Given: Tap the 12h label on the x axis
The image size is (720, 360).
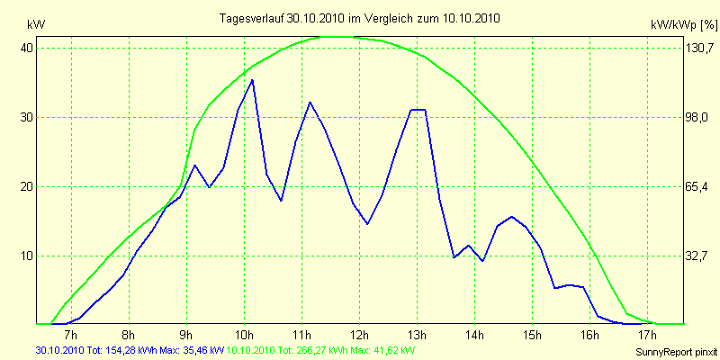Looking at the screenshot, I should [359, 336].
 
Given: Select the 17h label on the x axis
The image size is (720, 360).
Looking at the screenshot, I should [646, 336].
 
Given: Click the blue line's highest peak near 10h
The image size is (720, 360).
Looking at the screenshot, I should [252, 80].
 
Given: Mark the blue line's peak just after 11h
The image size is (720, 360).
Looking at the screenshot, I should [310, 103].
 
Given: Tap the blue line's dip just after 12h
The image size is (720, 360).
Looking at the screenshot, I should [367, 223].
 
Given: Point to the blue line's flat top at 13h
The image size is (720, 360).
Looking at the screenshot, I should [418, 110].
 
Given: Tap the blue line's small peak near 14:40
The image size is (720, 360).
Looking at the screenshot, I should [511, 217].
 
